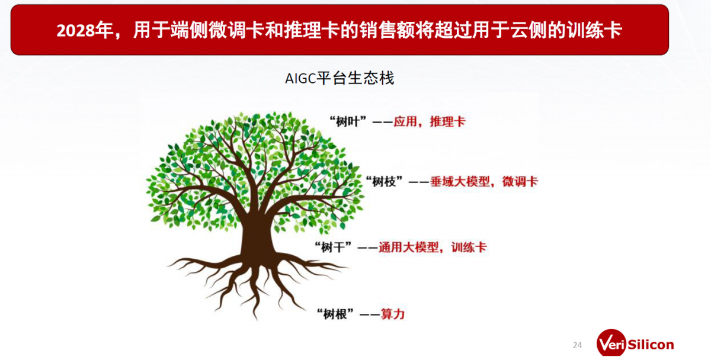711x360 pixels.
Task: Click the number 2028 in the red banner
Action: [x=76, y=31]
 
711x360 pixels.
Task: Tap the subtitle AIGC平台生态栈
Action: [x=340, y=78]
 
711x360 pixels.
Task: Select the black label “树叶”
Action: [x=348, y=121]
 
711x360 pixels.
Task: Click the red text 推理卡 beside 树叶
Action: [x=447, y=121]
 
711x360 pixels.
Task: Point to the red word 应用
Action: [x=405, y=121]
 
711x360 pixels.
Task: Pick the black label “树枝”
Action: [x=384, y=182]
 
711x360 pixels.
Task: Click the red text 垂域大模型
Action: [x=460, y=182]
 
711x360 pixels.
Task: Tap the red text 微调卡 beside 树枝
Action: [x=520, y=182]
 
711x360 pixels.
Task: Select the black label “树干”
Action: [x=333, y=247]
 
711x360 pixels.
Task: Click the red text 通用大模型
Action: [x=408, y=247]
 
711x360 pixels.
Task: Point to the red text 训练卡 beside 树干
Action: [x=469, y=247]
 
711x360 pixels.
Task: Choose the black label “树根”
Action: [x=335, y=314]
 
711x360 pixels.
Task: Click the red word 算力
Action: [x=393, y=314]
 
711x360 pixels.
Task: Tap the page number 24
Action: [x=577, y=345]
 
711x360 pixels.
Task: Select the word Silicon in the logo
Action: [x=651, y=345]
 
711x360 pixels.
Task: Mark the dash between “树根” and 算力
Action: [x=370, y=314]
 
